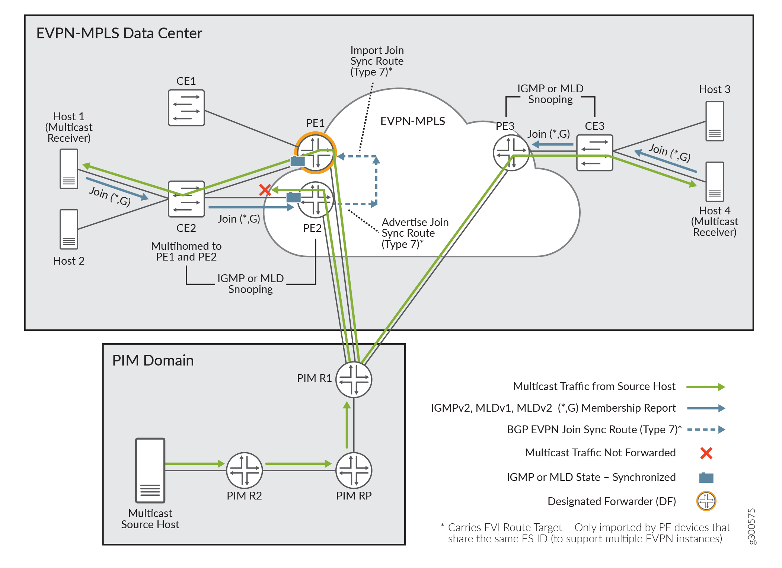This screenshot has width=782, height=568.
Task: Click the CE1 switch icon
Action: pos(186,108)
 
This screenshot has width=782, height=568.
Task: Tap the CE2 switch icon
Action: pos(186,199)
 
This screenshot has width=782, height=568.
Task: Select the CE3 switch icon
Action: pos(594,153)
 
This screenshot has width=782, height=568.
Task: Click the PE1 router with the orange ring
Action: pos(316,153)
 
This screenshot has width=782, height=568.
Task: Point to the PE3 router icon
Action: pos(511,153)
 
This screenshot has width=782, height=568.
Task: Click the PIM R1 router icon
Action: pos(354,380)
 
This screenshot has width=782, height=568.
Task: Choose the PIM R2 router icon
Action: pos(245,470)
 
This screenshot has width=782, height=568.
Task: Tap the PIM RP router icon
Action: pos(354,470)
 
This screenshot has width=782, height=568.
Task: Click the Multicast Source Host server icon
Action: pos(150,470)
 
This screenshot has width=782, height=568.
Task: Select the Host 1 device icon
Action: pos(69,169)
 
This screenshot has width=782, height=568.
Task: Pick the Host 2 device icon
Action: pos(69,229)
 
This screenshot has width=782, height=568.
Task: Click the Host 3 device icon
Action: pos(715,121)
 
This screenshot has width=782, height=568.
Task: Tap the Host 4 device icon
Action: pos(715,182)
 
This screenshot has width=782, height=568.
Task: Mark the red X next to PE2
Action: pos(265,190)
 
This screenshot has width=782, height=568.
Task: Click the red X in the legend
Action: pos(706,453)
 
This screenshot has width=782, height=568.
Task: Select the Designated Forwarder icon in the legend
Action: pos(706,501)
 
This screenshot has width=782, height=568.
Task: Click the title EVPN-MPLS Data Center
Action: pos(119,33)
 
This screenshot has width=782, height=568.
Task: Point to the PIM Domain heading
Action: pos(153,361)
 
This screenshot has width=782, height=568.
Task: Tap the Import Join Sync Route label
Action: pos(377,61)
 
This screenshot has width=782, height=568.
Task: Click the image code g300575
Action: pos(752,526)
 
